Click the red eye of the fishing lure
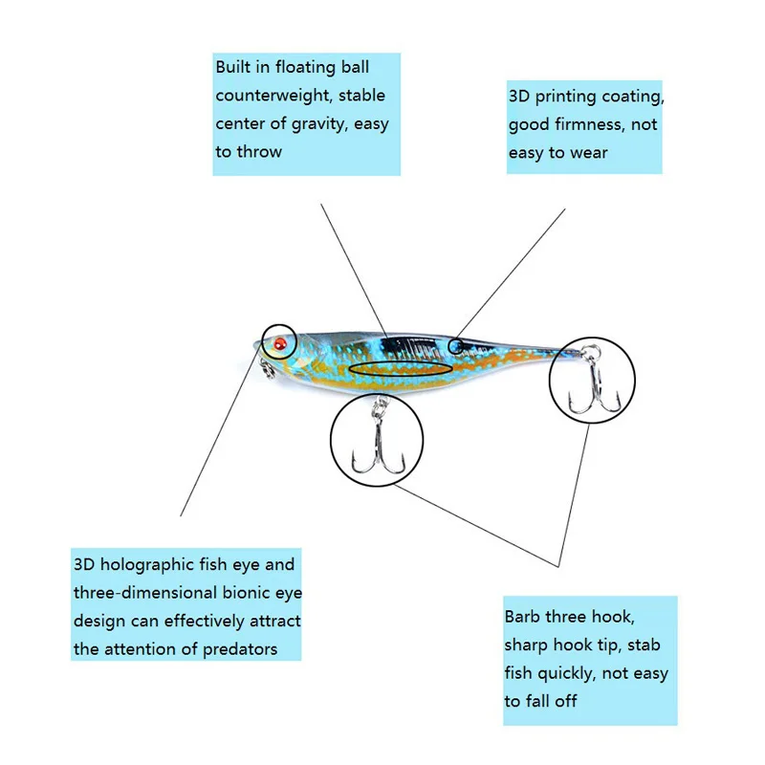click(x=279, y=341)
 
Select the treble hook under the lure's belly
click(x=378, y=445)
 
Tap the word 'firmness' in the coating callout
click(x=592, y=124)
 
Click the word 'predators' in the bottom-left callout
click(x=240, y=649)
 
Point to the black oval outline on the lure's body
click(x=401, y=368)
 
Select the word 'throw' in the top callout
click(x=260, y=151)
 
